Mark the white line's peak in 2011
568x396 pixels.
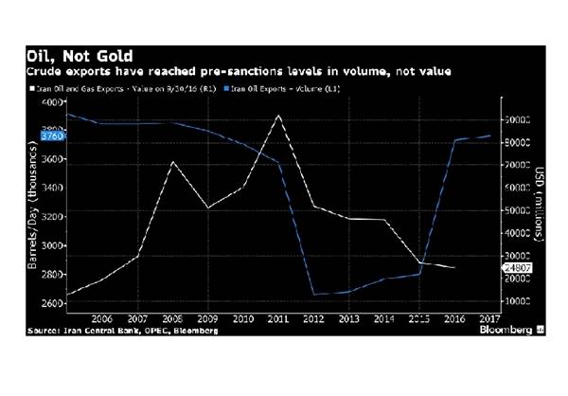[277, 116]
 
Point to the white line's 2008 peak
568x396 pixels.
[171, 162]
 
